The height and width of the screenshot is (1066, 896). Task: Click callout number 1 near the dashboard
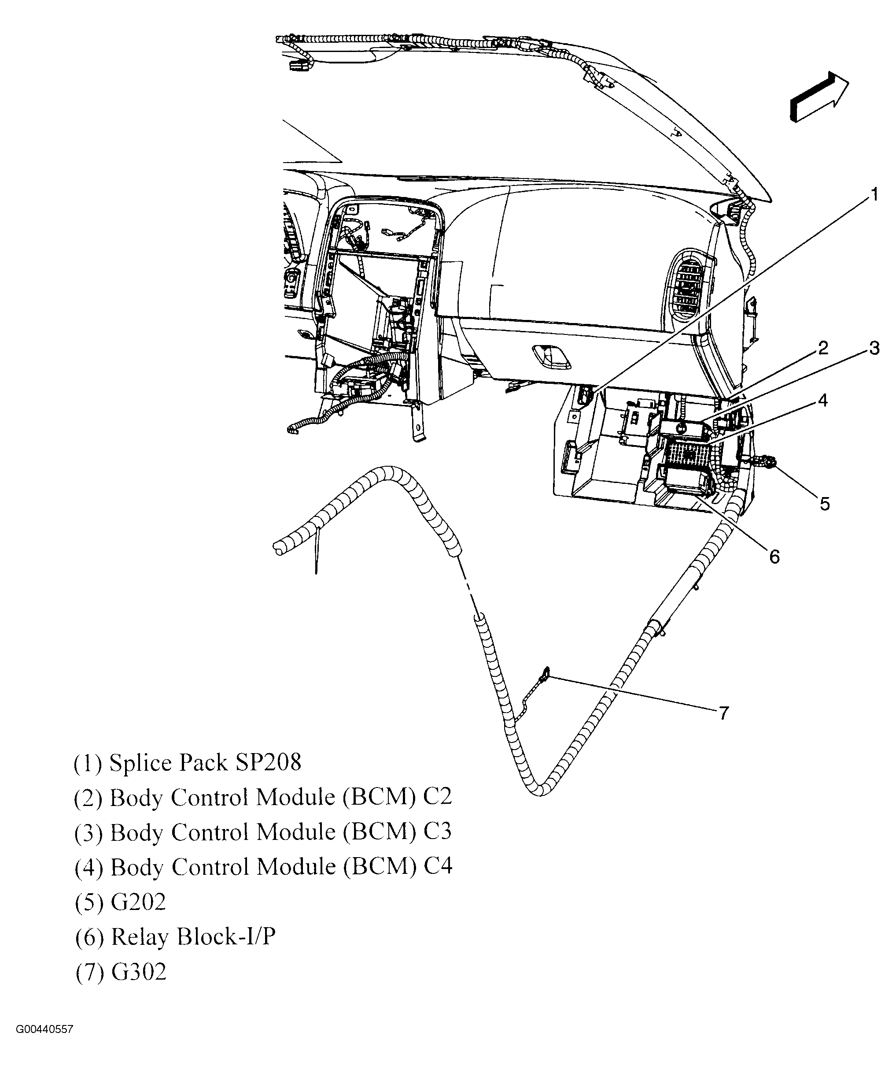[x=874, y=195]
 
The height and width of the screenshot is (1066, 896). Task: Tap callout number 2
[x=823, y=348]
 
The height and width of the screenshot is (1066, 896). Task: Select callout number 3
[x=874, y=348]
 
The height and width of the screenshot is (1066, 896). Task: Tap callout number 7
[x=724, y=713]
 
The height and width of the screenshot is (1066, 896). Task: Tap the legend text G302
[x=138, y=972]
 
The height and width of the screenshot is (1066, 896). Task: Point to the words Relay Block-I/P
[x=193, y=937]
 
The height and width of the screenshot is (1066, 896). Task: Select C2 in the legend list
[x=437, y=797]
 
